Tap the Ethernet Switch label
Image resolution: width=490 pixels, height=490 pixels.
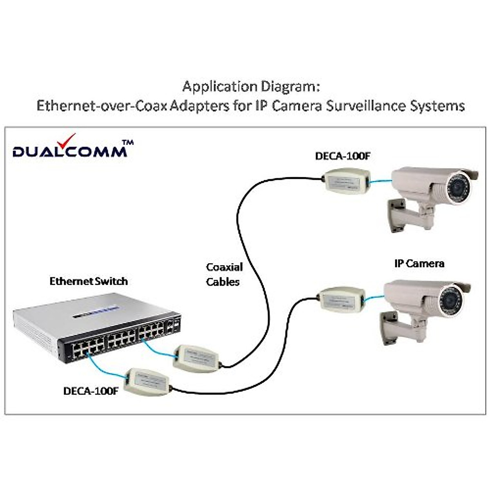click(x=89, y=281)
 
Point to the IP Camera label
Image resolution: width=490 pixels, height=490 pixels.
click(x=419, y=263)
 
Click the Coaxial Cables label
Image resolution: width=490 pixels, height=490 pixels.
click(x=224, y=274)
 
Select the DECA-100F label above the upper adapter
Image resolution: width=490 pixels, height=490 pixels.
click(x=342, y=156)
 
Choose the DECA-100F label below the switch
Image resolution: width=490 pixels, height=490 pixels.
click(x=91, y=391)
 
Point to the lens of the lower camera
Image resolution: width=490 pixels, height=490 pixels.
click(x=452, y=302)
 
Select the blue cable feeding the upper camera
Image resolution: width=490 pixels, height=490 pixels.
click(x=380, y=182)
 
